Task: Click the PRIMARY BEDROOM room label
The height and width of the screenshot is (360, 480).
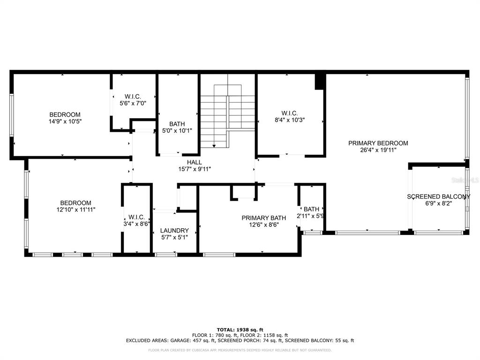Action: (378, 143)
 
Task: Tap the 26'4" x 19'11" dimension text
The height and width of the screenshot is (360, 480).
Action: (378, 150)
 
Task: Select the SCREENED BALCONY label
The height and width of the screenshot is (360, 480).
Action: (438, 196)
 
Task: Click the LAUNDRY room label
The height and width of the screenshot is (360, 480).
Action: (174, 230)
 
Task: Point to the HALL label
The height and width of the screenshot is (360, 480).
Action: (195, 162)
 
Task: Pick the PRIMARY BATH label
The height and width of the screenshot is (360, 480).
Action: (264, 217)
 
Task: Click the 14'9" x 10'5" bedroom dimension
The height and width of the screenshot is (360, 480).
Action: (65, 121)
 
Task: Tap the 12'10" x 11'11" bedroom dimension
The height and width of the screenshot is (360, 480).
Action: (75, 210)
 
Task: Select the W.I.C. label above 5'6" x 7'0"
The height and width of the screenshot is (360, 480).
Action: (133, 97)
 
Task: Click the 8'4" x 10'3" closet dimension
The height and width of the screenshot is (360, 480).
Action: (290, 120)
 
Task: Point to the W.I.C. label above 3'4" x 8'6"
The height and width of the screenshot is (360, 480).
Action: (136, 217)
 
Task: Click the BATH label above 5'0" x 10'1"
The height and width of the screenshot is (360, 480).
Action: (177, 124)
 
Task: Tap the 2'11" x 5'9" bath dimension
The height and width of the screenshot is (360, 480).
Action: (310, 216)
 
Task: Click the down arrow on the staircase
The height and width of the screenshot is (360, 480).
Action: (214, 146)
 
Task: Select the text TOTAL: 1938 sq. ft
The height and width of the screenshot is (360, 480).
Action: (240, 330)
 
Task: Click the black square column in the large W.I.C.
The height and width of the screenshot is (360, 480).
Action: (320, 82)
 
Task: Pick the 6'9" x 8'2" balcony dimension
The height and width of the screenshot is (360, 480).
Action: (439, 203)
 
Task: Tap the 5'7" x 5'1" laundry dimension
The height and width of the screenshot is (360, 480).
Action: (174, 237)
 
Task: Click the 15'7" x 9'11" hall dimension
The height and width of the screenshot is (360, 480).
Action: (195, 169)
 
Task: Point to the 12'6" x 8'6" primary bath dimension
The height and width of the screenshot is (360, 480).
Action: (264, 225)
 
